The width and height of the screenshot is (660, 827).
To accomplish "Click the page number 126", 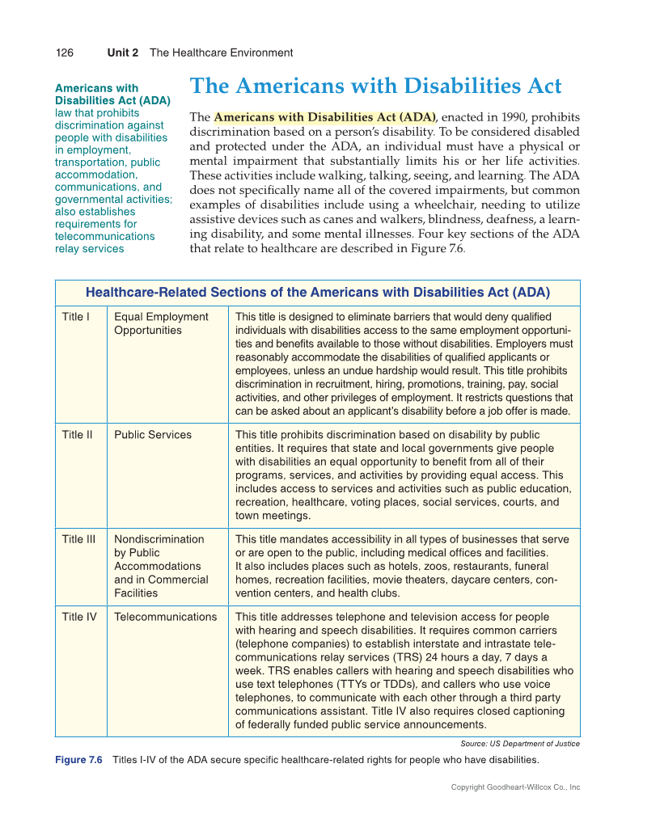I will tap(64, 53).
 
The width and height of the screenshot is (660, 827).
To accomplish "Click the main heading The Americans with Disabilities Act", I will tap(375, 86).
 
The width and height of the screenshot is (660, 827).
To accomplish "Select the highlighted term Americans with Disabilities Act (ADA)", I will tap(324, 117).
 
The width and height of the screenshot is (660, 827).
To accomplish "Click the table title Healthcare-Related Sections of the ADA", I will tap(317, 293).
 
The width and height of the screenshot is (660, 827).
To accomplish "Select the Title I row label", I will tap(76, 317).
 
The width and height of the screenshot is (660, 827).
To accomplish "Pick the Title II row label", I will tap(78, 435).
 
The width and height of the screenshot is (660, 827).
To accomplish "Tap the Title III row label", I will tap(79, 539).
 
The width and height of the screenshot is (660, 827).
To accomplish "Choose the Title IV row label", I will tap(79, 617).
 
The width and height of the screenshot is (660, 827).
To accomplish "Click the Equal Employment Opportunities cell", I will tap(161, 323).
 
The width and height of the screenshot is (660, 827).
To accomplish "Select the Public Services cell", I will tap(153, 435).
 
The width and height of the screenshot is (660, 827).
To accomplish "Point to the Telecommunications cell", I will tap(166, 617).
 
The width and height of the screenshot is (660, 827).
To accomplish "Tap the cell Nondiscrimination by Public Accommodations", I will tap(161, 566).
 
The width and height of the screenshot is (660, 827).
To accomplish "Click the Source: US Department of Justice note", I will tap(514, 744).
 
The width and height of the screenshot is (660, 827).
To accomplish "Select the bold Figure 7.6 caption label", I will tap(78, 760).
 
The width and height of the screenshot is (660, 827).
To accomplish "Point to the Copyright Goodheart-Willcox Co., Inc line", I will tap(515, 787).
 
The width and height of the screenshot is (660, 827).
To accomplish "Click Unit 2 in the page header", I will tap(122, 53).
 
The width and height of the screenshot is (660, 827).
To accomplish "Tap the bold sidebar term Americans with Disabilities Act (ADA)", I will tap(112, 94).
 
